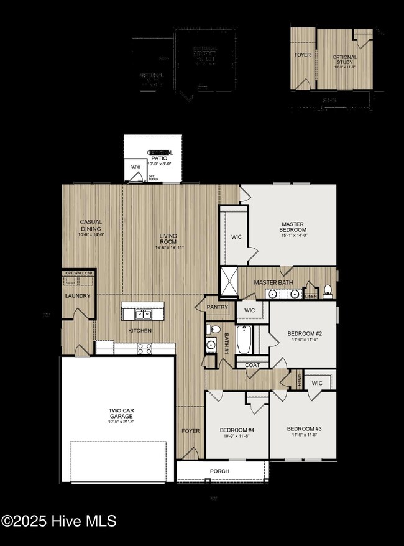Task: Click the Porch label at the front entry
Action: click(219, 471)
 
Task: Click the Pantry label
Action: click(218, 307)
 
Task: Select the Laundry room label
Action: click(78, 296)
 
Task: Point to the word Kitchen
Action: click(140, 330)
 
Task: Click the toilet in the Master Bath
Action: click(327, 290)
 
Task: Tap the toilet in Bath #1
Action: click(214, 330)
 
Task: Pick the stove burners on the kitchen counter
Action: click(144, 349)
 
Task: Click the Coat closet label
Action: click(252, 365)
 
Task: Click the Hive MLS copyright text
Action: click(59, 521)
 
